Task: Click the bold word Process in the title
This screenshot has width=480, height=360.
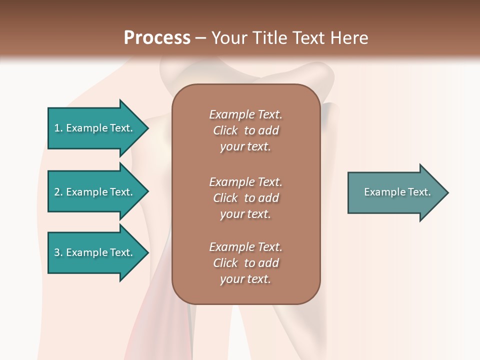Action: tap(157, 38)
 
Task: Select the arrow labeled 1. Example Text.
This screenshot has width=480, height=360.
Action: tap(95, 128)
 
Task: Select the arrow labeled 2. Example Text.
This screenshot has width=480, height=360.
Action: tap(95, 192)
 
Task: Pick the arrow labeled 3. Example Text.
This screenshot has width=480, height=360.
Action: tap(95, 252)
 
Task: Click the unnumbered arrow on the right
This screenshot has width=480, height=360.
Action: tap(395, 192)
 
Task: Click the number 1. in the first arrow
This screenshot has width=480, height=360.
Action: tap(58, 128)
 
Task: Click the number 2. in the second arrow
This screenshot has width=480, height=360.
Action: tap(58, 192)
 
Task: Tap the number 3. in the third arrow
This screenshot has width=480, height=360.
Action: tap(58, 252)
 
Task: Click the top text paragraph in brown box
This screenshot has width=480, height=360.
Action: tap(245, 130)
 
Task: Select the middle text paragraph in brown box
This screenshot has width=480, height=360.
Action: tap(245, 198)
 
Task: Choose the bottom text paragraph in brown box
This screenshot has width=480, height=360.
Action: tap(245, 263)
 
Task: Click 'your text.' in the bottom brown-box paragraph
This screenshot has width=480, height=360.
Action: tap(245, 279)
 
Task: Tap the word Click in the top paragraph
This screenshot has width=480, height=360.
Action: tap(225, 130)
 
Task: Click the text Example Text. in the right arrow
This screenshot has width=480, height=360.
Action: tap(397, 192)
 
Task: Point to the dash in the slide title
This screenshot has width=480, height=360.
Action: tap(201, 38)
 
